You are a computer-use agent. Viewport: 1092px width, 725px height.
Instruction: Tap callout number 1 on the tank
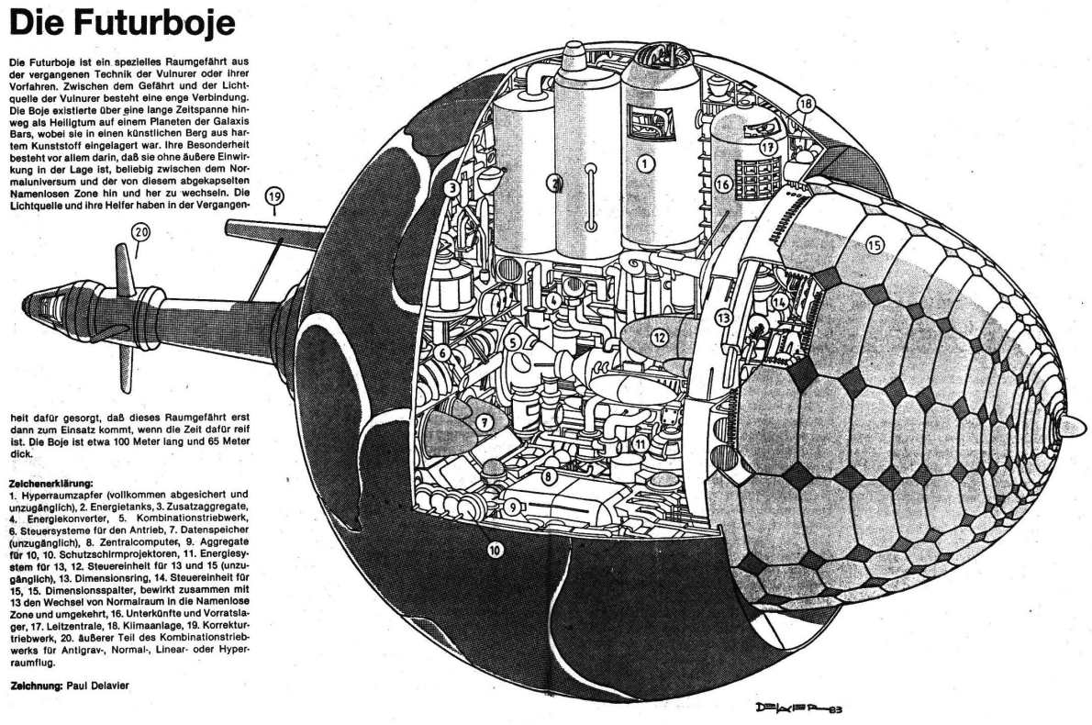[x=646, y=164]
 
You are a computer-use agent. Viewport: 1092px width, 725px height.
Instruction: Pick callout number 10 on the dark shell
[x=495, y=552]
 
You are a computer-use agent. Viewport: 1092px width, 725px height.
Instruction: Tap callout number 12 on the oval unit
[x=659, y=337]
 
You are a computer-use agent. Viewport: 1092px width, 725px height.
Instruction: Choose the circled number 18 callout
[x=806, y=104]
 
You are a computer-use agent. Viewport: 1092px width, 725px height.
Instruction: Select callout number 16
[x=721, y=184]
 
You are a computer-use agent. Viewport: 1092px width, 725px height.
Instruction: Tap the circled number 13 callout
[x=726, y=318]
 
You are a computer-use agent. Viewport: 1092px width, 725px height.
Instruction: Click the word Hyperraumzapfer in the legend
[x=56, y=494]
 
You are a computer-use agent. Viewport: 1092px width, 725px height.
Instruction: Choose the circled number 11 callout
[x=640, y=443]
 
